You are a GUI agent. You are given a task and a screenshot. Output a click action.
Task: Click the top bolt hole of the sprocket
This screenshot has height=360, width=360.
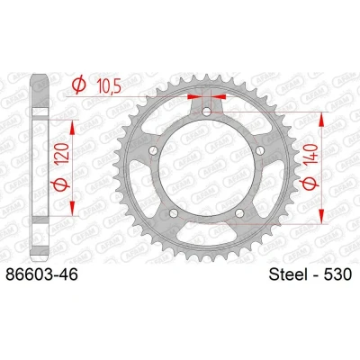coord(206,112)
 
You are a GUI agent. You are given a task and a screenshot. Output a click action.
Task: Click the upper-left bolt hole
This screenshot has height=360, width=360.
coord(153,150)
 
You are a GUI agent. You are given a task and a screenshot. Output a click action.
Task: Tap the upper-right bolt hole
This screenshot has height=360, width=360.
coord(260,150)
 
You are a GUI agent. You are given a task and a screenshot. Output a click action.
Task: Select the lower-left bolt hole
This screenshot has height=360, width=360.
coord(174,213)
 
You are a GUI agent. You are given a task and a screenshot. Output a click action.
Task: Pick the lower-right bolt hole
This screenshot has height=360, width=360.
coord(239,213)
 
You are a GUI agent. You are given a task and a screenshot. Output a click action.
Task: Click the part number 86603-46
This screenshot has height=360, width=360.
coord(41,274)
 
